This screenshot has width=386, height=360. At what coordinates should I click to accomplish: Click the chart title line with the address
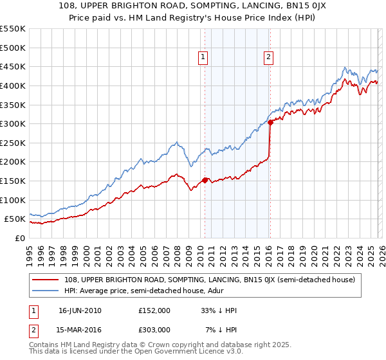193,6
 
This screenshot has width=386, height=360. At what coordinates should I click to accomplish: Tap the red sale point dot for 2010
205,180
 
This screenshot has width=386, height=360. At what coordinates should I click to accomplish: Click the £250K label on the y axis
13,143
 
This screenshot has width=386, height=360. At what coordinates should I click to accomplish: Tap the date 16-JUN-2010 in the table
80,310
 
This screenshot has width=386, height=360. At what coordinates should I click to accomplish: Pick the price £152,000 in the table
154,310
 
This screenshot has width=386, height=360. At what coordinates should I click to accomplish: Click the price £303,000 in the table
154,330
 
